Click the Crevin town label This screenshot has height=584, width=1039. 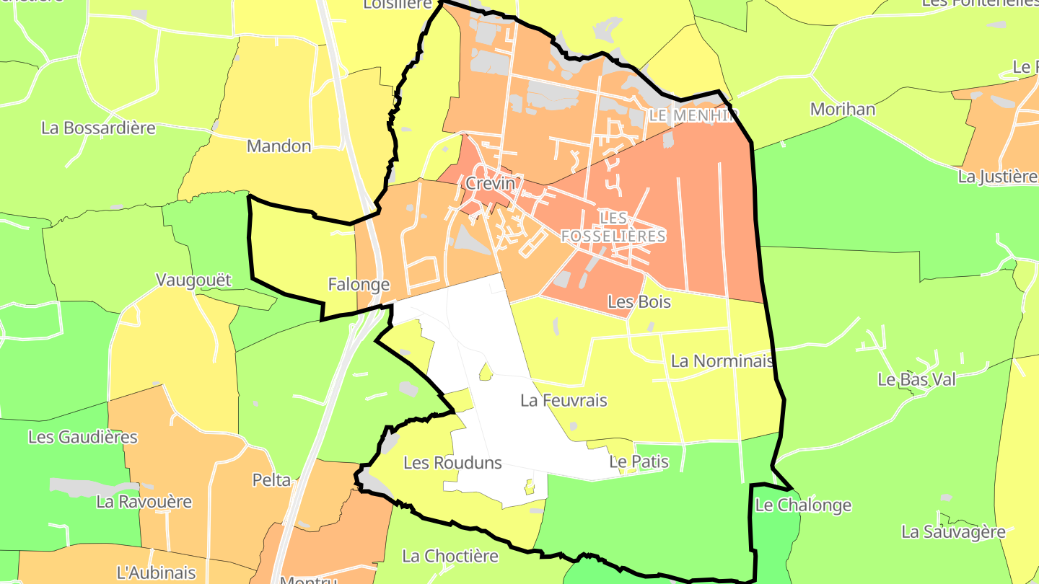pyautogui.click(x=491, y=184)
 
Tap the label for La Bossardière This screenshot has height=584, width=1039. pyautogui.click(x=98, y=128)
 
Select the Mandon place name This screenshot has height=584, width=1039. pyautogui.click(x=279, y=146)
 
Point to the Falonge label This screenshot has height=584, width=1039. pyautogui.click(x=359, y=285)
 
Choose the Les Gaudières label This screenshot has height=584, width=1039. pyautogui.click(x=82, y=437)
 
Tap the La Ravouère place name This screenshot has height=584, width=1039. pyautogui.click(x=144, y=502)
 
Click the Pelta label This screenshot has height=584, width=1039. pyautogui.click(x=271, y=480)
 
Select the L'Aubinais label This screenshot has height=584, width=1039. pyautogui.click(x=156, y=573)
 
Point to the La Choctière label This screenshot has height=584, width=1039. pyautogui.click(x=450, y=556)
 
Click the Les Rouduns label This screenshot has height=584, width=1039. pyautogui.click(x=452, y=463)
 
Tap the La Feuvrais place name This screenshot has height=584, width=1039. pyautogui.click(x=564, y=400)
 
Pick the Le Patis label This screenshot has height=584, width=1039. pyautogui.click(x=639, y=461)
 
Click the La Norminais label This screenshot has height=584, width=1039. pyautogui.click(x=722, y=361)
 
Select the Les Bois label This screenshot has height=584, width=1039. pyautogui.click(x=639, y=302)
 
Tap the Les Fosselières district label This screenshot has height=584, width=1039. pyautogui.click(x=613, y=226)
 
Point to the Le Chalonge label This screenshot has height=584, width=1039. pyautogui.click(x=803, y=505)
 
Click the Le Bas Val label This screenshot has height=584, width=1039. pyautogui.click(x=916, y=379)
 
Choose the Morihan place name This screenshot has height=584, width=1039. pyautogui.click(x=843, y=110)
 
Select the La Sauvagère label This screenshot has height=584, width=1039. pyautogui.click(x=953, y=532)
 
